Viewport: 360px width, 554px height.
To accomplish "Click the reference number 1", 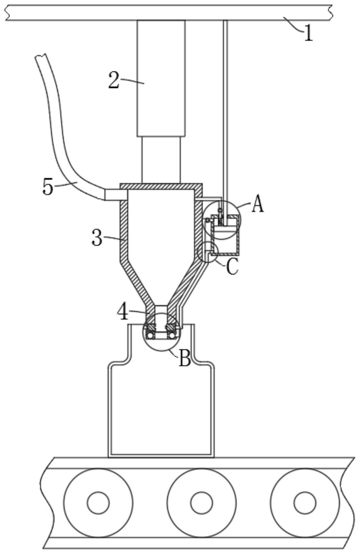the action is pyautogui.click(x=308, y=33).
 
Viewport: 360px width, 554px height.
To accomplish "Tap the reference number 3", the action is pyautogui.click(x=97, y=238).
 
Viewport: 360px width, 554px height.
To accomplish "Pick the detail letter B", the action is pyautogui.click(x=185, y=358).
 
